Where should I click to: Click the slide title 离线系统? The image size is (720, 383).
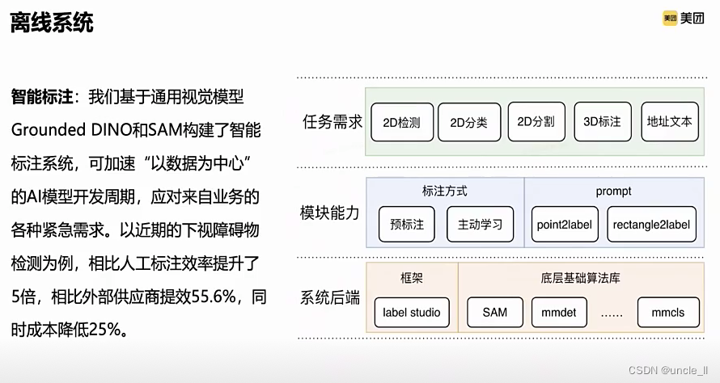pos(52,23)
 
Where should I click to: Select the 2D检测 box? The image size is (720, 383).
pos(402,123)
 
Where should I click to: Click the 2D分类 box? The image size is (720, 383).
pos(469,123)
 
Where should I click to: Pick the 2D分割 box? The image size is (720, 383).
pos(536,122)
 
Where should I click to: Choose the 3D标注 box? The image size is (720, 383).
pos(602,122)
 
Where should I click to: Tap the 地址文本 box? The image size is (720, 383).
pos(669,122)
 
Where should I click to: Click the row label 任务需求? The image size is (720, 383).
pos(332,123)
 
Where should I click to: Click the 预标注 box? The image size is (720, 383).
pos(407,225)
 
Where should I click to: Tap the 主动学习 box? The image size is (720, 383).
pos(480,225)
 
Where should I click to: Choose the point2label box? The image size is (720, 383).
pos(565,225)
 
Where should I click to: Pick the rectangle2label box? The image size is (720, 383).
pos(651,225)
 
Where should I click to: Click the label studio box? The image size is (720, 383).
pos(412,313)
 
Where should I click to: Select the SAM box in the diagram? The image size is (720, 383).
pos(494,313)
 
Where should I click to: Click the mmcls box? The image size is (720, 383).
pos(667,313)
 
